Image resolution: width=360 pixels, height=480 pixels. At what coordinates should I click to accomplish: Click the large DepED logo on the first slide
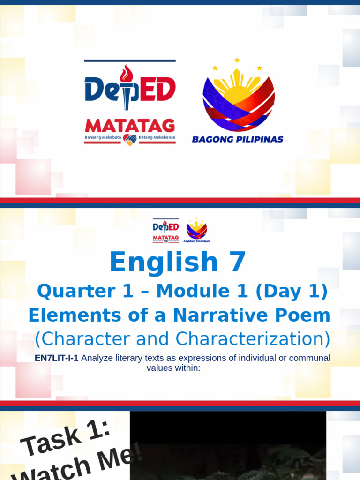click(x=130, y=89)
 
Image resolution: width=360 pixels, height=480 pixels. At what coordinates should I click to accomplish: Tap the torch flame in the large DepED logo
click(x=126, y=74)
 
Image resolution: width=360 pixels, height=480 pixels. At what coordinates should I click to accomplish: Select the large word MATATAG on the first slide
click(x=130, y=126)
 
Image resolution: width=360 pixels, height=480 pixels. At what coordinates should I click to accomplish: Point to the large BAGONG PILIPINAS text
click(x=238, y=139)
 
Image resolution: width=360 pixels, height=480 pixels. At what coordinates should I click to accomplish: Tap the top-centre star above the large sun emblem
click(x=237, y=60)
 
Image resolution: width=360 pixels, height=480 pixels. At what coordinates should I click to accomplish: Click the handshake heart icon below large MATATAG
click(x=130, y=139)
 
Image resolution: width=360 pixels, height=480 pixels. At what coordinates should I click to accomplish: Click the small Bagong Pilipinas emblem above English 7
click(x=197, y=230)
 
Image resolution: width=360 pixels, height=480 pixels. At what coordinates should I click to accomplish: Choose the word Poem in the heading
click(x=304, y=315)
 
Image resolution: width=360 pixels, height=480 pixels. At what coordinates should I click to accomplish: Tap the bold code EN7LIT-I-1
click(x=56, y=358)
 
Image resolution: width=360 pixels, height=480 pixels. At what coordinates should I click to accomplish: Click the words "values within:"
click(x=173, y=368)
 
